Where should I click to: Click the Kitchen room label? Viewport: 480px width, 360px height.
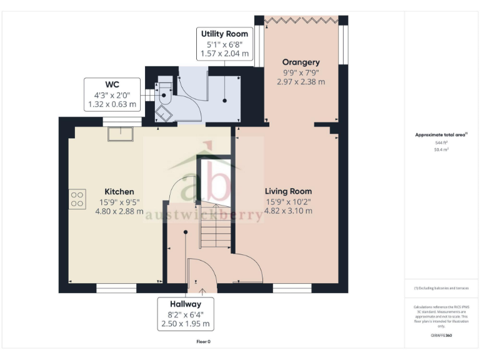click(119, 191)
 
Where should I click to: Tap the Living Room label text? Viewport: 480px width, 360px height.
click(288, 191)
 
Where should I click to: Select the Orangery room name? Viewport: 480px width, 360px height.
click(301, 62)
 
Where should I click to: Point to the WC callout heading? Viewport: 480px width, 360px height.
click(112, 84)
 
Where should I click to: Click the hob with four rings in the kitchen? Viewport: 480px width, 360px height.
click(78, 199)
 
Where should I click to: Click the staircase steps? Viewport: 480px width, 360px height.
click(214, 228)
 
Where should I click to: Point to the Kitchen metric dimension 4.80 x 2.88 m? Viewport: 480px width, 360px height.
click(119, 211)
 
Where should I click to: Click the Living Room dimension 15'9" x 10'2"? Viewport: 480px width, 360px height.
click(288, 201)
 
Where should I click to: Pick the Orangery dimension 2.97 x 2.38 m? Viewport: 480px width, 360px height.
click(301, 82)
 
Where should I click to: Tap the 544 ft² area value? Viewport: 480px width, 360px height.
click(441, 143)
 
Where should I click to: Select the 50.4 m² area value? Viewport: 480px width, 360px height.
click(441, 150)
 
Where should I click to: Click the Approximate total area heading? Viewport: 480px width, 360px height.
click(441, 135)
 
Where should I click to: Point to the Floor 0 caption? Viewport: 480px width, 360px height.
click(203, 342)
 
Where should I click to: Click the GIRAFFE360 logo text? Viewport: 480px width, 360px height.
click(441, 336)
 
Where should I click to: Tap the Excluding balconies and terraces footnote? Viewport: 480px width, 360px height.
click(441, 288)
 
